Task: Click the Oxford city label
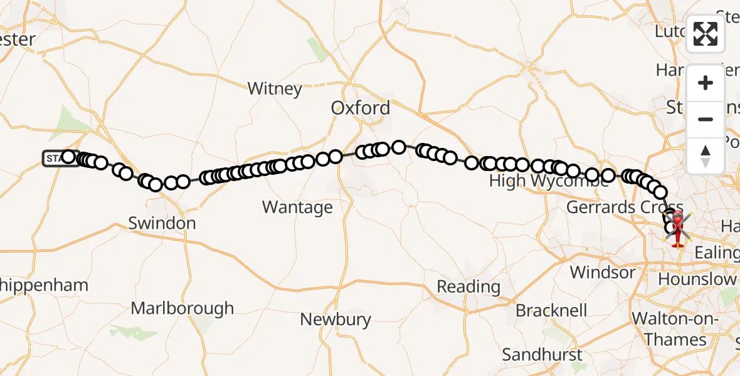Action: point(361,108)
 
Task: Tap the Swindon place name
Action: point(162,223)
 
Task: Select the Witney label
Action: point(275,88)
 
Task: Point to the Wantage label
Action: point(297,207)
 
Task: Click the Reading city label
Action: point(468,287)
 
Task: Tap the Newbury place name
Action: point(336,319)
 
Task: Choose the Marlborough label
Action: point(182,308)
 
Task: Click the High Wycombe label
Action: point(549,182)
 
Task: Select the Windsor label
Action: point(603,273)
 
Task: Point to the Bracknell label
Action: point(551,311)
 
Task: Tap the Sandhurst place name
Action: point(542,355)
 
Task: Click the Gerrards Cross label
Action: point(624,207)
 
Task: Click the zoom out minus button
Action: point(706,119)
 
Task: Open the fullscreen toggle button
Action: point(706,34)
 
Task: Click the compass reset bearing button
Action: point(706,155)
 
